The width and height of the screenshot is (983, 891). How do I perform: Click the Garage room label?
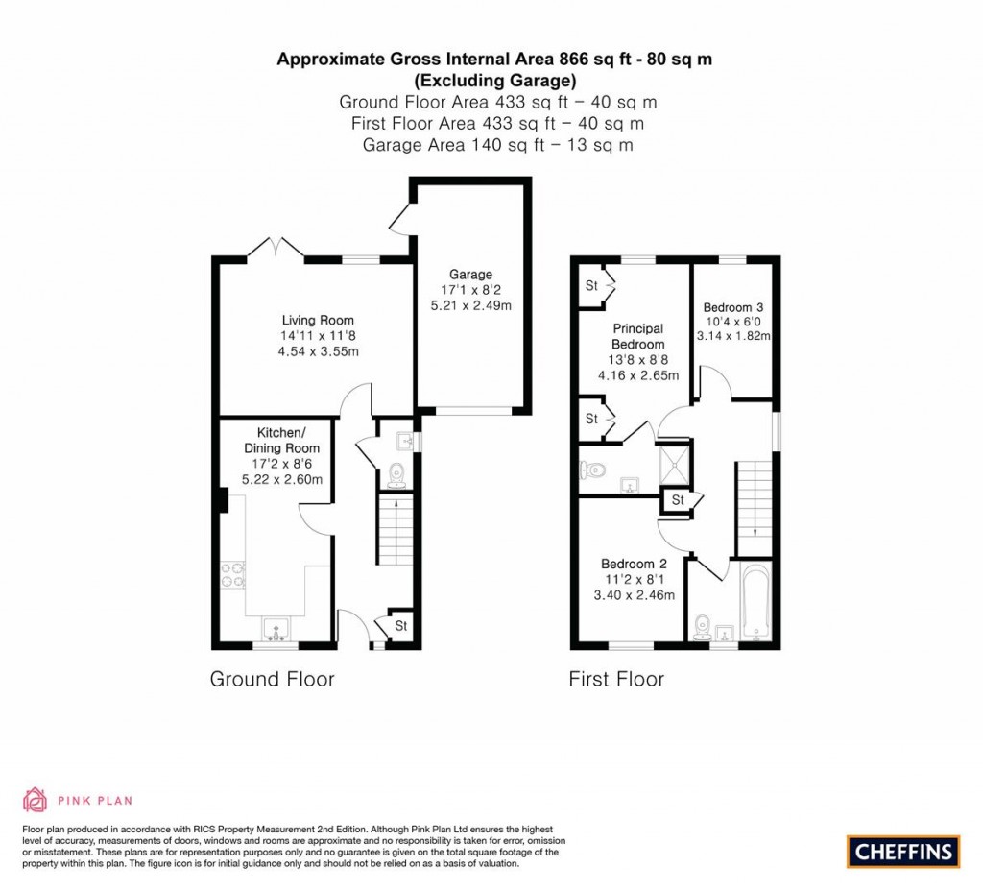coord(470,274)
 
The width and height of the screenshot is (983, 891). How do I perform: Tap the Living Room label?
coord(318,320)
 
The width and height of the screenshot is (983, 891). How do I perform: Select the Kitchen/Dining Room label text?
coord(281,440)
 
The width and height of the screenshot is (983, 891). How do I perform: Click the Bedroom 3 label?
coord(732,307)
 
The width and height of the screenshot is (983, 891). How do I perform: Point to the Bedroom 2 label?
coord(634,564)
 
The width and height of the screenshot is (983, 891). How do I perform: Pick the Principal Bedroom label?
coord(638,336)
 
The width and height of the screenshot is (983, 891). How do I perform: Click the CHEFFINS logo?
coord(903,852)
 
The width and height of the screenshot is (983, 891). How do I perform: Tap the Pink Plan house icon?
coord(36,800)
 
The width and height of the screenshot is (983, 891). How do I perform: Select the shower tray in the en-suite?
coord(674,465)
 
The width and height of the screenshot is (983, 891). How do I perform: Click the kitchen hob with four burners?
coord(232,576)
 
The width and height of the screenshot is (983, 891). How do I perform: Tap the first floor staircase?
coord(755,508)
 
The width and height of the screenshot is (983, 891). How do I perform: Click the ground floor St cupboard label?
coord(401,626)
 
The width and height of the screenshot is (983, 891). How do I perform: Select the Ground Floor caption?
coord(272,679)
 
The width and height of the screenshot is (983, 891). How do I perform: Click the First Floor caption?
coord(616,679)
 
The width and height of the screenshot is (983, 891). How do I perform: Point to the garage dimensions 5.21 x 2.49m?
coord(470,306)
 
